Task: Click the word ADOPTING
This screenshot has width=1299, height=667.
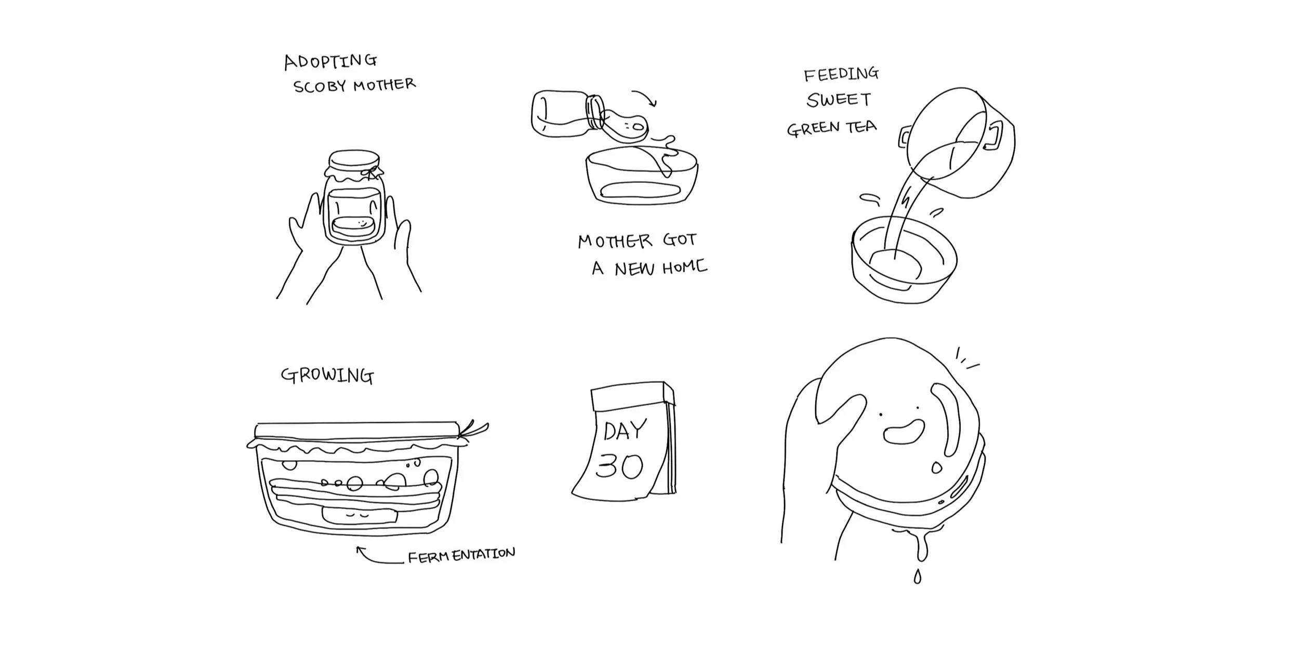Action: pos(330,61)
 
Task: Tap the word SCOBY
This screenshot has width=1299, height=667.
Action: pos(320,86)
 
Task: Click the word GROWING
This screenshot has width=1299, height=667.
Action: pos(327,376)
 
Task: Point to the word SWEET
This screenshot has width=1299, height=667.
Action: pos(838,100)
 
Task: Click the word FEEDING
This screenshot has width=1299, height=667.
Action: pos(841,74)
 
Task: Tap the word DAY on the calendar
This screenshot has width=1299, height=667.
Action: pos(625,430)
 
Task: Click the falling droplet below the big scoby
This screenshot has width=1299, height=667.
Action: pos(917,577)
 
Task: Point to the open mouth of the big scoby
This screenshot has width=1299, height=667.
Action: pos(904,432)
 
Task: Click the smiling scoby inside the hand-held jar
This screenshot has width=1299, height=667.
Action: pos(352,226)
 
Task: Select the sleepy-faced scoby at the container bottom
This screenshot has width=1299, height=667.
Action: pos(360,516)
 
